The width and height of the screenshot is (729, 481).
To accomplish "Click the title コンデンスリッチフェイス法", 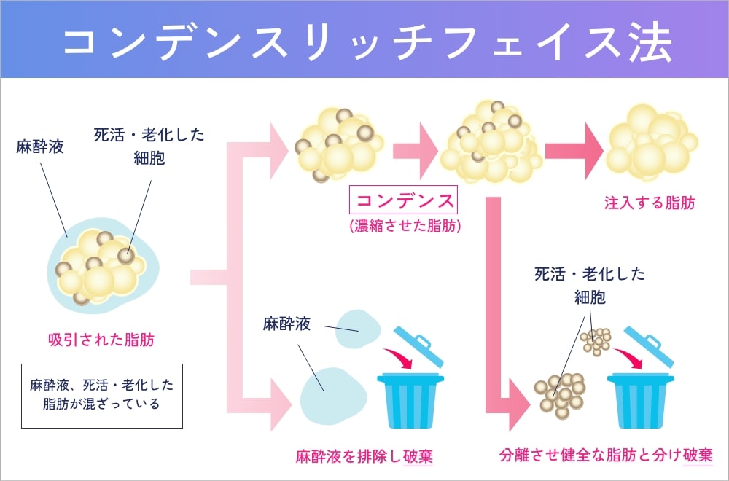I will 364,42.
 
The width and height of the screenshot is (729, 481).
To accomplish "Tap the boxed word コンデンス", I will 404,200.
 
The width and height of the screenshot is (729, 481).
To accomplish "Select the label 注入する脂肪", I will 649,203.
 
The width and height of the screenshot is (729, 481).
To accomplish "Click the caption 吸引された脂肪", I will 101,339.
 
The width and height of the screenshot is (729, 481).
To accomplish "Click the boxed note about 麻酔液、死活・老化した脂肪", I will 101,394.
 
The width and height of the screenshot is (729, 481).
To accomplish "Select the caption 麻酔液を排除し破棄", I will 364,456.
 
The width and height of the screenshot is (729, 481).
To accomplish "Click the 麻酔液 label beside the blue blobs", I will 286,324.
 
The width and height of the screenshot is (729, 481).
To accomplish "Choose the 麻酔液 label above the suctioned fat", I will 40,146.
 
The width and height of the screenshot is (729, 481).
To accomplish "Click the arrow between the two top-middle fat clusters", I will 414,150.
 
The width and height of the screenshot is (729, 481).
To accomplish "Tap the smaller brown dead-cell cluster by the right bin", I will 596,340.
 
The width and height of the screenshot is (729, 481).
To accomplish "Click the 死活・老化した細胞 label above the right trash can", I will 589,286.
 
